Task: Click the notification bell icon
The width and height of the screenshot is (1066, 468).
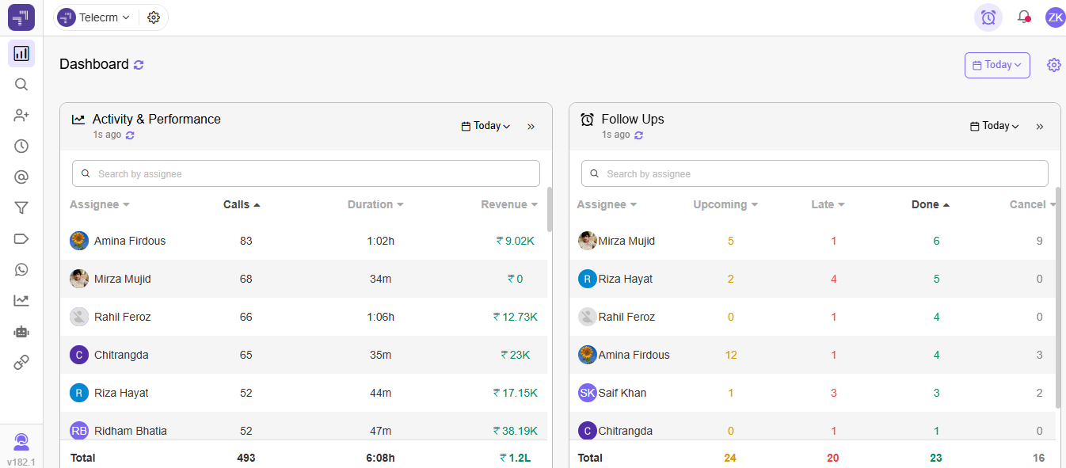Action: pyautogui.click(x=1023, y=17)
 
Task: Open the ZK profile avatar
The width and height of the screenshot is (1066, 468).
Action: pyautogui.click(x=1055, y=17)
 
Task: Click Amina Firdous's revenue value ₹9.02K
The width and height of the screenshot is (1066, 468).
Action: pyautogui.click(x=516, y=241)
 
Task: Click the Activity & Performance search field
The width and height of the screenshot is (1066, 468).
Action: pyautogui.click(x=306, y=173)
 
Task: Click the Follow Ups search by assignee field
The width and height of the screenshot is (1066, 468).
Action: pyautogui.click(x=814, y=173)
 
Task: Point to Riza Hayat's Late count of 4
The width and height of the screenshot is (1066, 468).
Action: pyautogui.click(x=834, y=279)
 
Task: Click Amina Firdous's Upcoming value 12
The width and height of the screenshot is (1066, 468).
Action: pyautogui.click(x=731, y=355)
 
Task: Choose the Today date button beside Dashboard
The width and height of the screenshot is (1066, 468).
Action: pyautogui.click(x=997, y=65)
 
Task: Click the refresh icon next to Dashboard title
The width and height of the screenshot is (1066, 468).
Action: pyautogui.click(x=139, y=65)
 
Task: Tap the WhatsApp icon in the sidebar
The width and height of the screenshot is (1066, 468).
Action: pyautogui.click(x=21, y=269)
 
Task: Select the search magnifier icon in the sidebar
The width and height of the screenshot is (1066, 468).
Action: pyautogui.click(x=21, y=85)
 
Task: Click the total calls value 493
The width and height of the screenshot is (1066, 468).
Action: pyautogui.click(x=246, y=458)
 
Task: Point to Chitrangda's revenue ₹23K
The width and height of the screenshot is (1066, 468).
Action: pyautogui.click(x=516, y=355)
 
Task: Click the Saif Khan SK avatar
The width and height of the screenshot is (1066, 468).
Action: pyautogui.click(x=588, y=393)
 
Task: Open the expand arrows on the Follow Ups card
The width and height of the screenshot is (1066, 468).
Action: pyautogui.click(x=1040, y=126)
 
